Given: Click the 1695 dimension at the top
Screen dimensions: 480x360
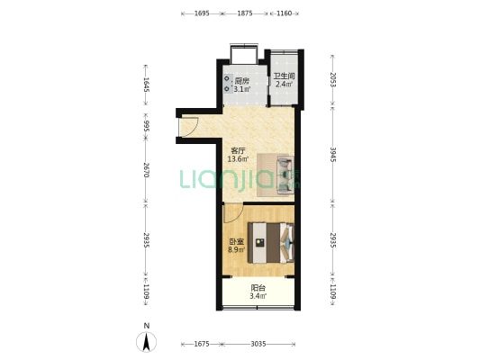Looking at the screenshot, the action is click(x=202, y=13).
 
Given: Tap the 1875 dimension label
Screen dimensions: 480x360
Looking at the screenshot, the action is click(x=245, y=13).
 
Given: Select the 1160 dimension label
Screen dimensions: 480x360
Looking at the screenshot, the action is click(x=284, y=13).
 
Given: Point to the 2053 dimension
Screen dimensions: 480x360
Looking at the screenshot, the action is click(x=333, y=80).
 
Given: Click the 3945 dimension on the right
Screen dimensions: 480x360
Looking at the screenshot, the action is click(x=333, y=155).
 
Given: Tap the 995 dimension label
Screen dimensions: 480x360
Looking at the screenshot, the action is click(x=146, y=126).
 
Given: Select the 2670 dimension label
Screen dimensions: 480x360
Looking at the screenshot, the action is click(x=146, y=170).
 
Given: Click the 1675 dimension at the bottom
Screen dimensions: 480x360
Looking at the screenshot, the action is click(x=202, y=344).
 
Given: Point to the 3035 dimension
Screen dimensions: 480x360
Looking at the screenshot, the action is click(x=258, y=344).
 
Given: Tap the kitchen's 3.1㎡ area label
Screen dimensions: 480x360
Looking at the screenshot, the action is click(x=242, y=89).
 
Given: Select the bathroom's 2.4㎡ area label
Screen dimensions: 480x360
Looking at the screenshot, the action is click(x=284, y=84).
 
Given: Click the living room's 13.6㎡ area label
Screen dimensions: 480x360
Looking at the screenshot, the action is click(x=238, y=158).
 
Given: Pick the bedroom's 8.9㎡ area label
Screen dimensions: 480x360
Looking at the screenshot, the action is click(x=236, y=250).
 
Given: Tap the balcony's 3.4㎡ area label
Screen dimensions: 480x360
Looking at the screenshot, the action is click(x=258, y=296).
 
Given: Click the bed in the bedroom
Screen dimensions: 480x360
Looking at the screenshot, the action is click(x=271, y=242).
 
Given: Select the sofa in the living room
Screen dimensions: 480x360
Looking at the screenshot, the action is click(x=285, y=175).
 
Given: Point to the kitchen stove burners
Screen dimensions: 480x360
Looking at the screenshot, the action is click(x=227, y=84).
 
